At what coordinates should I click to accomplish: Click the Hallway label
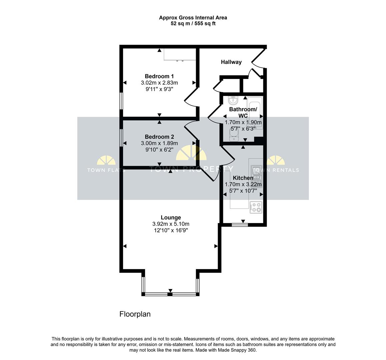coord(231,62)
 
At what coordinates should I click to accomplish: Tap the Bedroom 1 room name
coord(159,76)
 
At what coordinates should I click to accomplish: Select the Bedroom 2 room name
coord(159,137)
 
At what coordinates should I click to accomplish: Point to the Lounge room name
coord(171,218)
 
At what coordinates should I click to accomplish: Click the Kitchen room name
coord(243,178)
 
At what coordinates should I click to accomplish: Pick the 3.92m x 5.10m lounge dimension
coord(171,224)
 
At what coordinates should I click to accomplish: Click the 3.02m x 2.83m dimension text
coord(159,83)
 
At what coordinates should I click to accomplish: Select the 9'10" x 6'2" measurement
coord(159,150)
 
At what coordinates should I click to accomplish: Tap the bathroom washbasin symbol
coord(233,100)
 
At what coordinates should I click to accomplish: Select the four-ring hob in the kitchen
coord(256,207)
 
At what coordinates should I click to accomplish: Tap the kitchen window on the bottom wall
coord(240,225)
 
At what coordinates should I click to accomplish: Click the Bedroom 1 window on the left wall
coord(121,101)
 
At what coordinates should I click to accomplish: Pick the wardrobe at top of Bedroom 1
coord(180,54)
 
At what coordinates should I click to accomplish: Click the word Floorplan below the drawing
coord(135,314)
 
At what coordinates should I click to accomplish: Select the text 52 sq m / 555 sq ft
coord(193,24)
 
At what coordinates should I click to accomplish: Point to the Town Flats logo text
coord(106,170)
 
